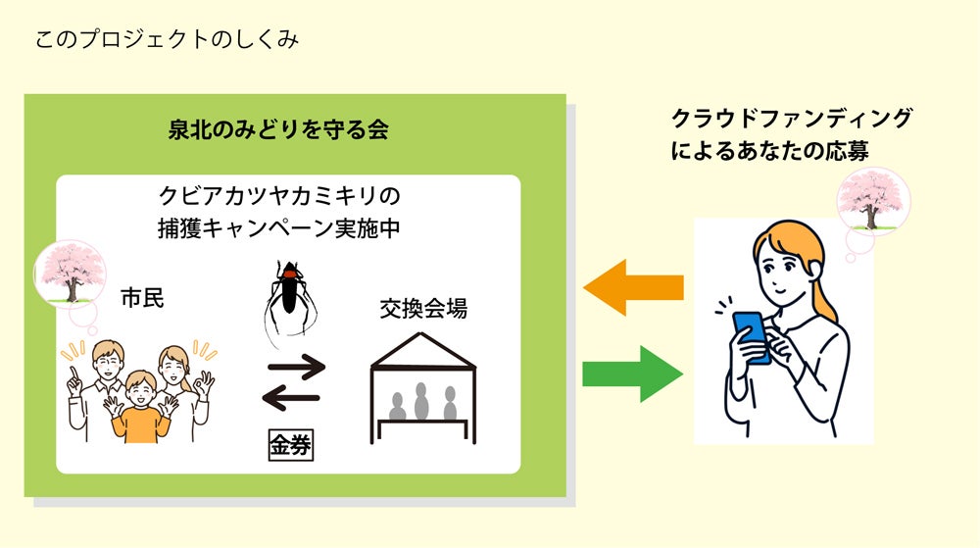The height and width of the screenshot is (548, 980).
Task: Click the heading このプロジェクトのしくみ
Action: click(167, 40)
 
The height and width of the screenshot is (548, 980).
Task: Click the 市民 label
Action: click(141, 296)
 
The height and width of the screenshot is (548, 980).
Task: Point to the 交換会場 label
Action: click(423, 310)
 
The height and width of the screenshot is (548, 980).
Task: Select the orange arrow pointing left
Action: click(633, 288)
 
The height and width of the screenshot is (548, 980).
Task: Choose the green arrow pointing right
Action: click(633, 374)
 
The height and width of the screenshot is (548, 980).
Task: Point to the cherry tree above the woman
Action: click(873, 202)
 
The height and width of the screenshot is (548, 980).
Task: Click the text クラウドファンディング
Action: click(791, 119)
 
